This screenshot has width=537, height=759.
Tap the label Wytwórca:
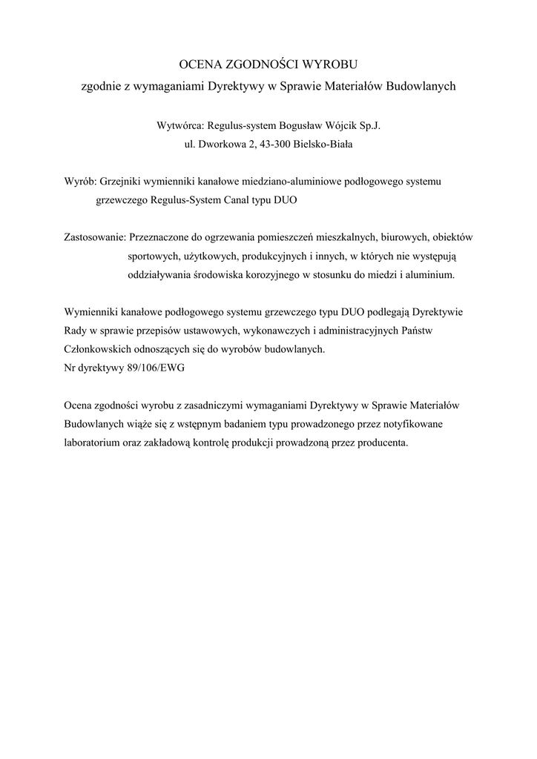(180, 126)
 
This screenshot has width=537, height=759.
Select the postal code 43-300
(274, 145)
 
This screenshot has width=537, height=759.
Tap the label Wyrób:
(79, 181)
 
